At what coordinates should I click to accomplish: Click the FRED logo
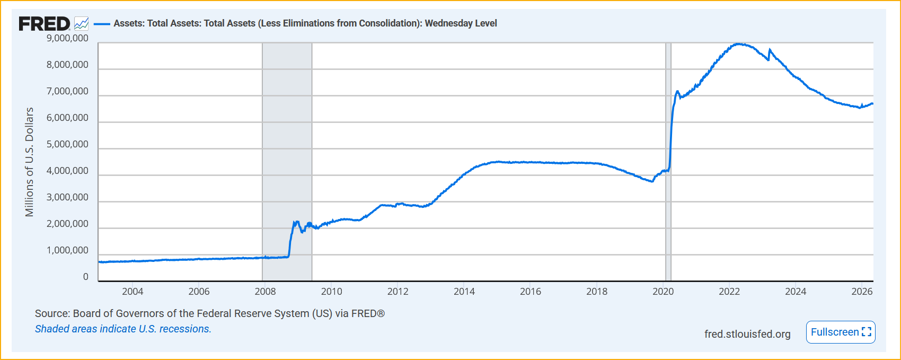(x=44, y=24)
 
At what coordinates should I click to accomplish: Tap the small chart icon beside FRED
(x=81, y=24)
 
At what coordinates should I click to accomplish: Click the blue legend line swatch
(x=102, y=24)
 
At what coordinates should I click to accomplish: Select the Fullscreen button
(x=840, y=332)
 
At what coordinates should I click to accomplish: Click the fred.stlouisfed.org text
(x=747, y=334)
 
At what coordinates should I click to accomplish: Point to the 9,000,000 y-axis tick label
(x=67, y=38)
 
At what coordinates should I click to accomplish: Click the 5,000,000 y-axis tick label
(x=67, y=144)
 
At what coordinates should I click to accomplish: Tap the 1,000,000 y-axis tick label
(x=67, y=250)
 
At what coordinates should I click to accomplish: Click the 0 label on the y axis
(x=86, y=277)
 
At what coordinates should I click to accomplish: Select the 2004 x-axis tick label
(x=132, y=292)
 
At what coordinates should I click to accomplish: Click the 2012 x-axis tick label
(x=398, y=292)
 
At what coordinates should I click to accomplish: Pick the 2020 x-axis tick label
(x=663, y=292)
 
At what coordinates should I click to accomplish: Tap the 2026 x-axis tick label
(x=862, y=292)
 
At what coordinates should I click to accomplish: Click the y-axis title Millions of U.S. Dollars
(x=29, y=162)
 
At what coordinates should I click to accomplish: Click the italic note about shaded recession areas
(x=123, y=329)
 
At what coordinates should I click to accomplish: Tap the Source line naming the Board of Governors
(x=209, y=314)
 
